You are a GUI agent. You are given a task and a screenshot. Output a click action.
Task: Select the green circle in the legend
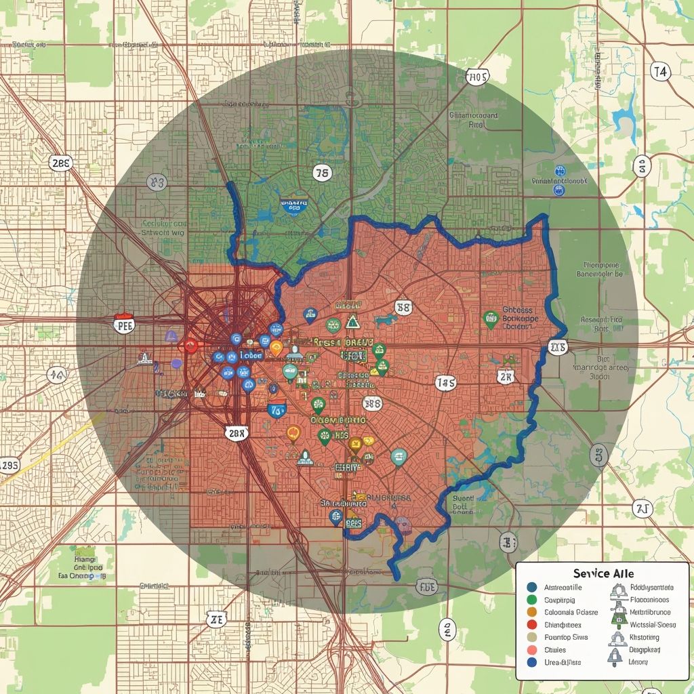tap(531, 600)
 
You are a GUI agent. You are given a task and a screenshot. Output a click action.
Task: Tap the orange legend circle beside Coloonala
tap(531, 612)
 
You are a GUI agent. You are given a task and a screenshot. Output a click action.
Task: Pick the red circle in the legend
tap(531, 625)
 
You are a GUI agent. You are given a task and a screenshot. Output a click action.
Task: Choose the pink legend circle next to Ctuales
tap(531, 650)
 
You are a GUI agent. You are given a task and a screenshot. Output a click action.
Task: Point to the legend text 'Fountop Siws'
tap(567, 637)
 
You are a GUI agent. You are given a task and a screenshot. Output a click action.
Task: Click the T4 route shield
tap(660, 70)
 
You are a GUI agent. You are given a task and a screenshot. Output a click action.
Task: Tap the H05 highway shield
tap(476, 78)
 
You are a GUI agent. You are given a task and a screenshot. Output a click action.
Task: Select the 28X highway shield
tap(236, 433)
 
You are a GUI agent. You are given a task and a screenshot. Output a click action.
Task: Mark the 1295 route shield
tap(9, 465)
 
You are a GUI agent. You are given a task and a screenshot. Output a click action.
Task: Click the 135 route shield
tap(445, 383)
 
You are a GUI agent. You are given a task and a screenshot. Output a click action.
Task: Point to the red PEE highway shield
tap(124, 324)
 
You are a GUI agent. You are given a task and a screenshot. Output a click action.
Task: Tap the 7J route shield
tap(641, 508)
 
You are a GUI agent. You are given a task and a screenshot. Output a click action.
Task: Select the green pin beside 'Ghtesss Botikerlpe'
tap(491, 319)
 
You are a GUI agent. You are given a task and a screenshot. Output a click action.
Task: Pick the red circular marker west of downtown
tap(190, 346)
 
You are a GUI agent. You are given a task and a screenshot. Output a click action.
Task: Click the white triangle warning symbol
tap(352, 321)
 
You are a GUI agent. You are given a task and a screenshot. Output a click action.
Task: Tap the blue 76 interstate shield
tap(277, 409)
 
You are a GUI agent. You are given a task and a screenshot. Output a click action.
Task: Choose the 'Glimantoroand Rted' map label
tap(474, 120)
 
